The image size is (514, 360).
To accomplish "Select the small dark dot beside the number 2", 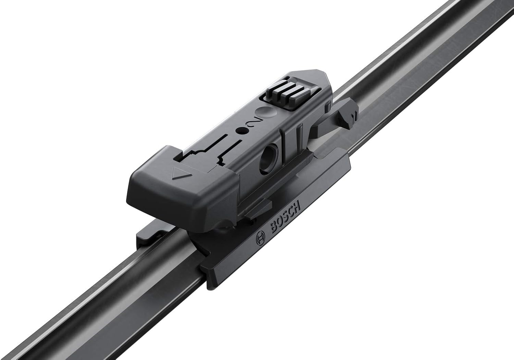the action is pyautogui.click(x=241, y=131).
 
